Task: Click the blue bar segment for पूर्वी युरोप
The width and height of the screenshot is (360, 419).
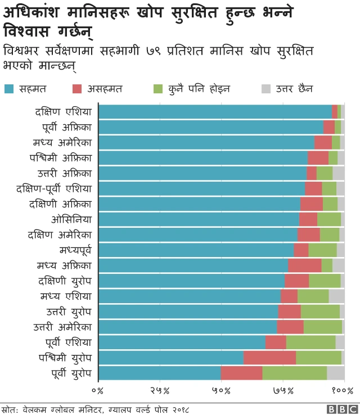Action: tap(160, 373)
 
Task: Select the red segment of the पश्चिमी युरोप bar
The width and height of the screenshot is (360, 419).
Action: tap(269, 358)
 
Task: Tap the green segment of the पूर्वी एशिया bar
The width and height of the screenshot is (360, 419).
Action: tap(310, 342)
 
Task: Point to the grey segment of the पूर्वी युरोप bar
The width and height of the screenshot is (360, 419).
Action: tap(335, 373)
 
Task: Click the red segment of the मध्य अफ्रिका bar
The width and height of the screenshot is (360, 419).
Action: tap(304, 265)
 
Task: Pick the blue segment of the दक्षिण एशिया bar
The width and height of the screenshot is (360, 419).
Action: tap(215, 111)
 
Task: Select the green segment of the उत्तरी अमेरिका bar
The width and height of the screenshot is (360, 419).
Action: tap(322, 327)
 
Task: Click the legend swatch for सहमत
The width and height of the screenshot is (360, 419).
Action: tap(10, 88)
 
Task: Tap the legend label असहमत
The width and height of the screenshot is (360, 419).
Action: tap(106, 88)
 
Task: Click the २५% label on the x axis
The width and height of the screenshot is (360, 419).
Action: tap(160, 390)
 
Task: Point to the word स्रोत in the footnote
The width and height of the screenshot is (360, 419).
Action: tap(10, 409)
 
